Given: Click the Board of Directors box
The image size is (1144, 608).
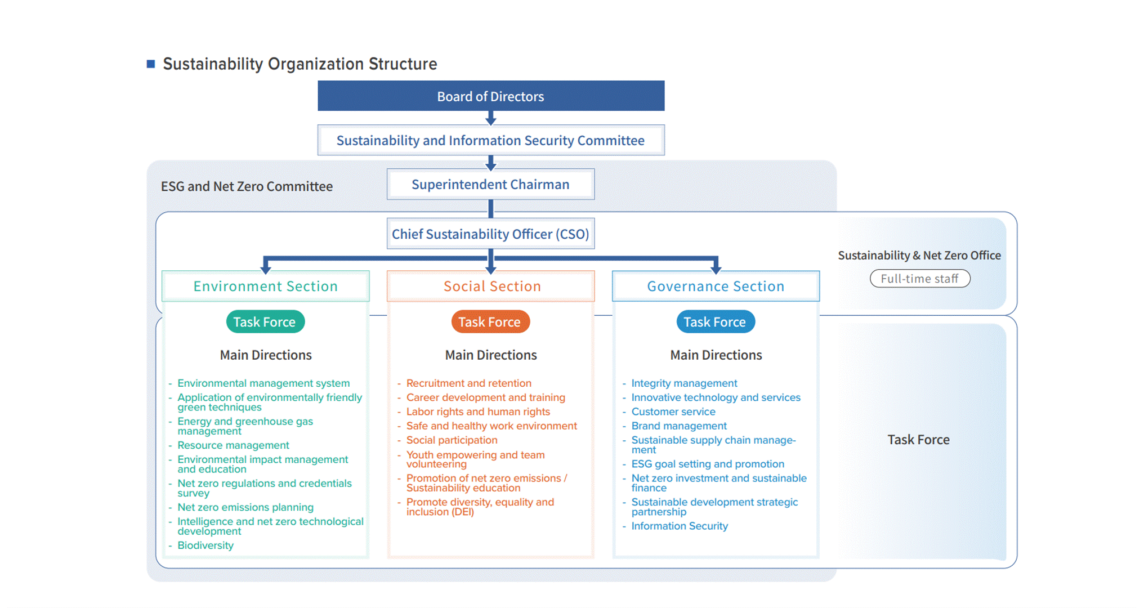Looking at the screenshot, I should tap(491, 96).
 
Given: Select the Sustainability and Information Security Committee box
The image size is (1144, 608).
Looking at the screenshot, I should tap(491, 140).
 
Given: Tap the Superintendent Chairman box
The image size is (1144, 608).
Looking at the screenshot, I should tap(491, 185).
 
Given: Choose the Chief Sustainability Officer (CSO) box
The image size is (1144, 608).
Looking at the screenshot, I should tap(491, 234).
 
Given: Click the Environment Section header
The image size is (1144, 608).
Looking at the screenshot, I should tap(266, 287).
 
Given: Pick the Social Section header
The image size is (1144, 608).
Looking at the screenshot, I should tap(491, 287).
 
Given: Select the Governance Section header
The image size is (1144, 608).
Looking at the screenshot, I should tap(716, 287).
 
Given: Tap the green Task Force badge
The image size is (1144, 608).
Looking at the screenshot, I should tap(265, 322).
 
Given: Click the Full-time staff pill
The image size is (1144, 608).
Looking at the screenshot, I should tap(920, 279).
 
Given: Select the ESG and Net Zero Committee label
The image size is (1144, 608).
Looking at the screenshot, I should tap(247, 186).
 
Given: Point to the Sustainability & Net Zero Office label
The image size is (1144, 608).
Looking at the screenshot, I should tap(919, 256).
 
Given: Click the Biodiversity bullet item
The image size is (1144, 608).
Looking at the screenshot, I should tap(205, 546).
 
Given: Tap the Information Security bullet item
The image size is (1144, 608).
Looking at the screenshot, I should tap(680, 526).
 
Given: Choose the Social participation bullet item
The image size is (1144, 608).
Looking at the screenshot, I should tap(452, 440).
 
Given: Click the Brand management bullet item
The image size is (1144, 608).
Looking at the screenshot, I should tap(679, 426).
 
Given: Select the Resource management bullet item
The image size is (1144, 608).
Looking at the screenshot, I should tap(233, 445).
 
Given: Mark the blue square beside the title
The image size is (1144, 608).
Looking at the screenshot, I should tap(151, 64).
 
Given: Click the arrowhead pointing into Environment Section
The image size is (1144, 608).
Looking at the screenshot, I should tap(266, 269).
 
